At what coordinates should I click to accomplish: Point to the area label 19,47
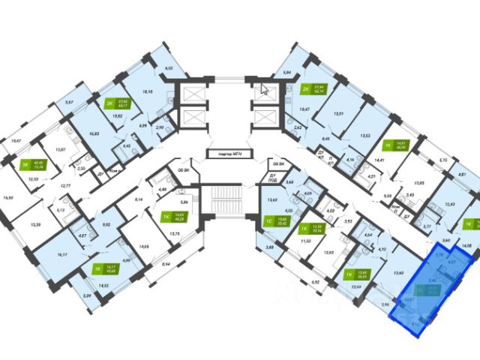[x=304, y=109]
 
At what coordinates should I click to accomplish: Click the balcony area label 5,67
[x=69, y=102]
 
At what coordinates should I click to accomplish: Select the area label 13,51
[x=338, y=114]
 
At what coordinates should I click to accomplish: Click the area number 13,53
[x=366, y=136]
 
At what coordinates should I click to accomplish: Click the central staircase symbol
[x=225, y=203]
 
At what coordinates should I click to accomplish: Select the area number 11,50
[x=305, y=241]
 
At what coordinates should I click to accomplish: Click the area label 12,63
[x=329, y=252]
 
